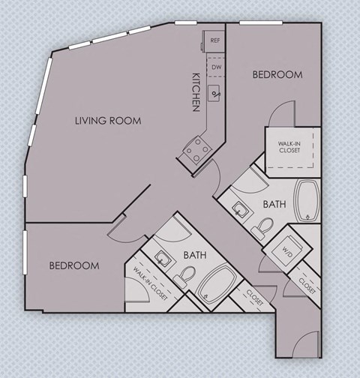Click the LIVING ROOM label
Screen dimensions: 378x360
108,120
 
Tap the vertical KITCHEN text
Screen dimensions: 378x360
196,92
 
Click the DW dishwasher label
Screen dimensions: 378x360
216,67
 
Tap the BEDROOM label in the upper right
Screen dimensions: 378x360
277,75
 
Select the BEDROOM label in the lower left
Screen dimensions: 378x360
74,265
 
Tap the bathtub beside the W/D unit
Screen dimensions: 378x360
308,200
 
